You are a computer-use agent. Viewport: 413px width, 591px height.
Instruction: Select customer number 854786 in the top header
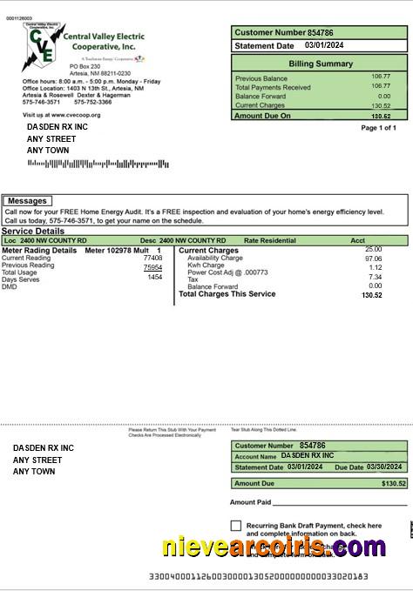point(321,32)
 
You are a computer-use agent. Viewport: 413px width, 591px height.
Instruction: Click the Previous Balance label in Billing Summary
point(261,77)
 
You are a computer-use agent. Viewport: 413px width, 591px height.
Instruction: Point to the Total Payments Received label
point(273,87)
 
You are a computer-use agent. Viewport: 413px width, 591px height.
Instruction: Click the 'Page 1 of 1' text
point(378,128)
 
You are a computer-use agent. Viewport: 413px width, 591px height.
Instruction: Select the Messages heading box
point(26,201)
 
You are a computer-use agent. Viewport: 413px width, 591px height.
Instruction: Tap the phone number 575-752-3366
point(92,102)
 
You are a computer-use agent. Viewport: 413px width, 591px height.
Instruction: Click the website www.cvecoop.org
point(74,115)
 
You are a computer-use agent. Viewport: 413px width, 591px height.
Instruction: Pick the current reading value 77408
point(152,259)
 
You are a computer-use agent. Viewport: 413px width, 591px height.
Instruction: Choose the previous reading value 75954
point(152,267)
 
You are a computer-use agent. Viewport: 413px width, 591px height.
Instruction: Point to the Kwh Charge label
point(206,265)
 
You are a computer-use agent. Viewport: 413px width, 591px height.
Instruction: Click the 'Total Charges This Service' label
point(227,294)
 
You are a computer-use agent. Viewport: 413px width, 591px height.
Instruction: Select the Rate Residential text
point(270,240)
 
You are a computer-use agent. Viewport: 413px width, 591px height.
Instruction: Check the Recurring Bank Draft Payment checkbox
point(236,526)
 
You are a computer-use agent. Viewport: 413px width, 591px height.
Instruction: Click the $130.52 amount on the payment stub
point(394,483)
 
